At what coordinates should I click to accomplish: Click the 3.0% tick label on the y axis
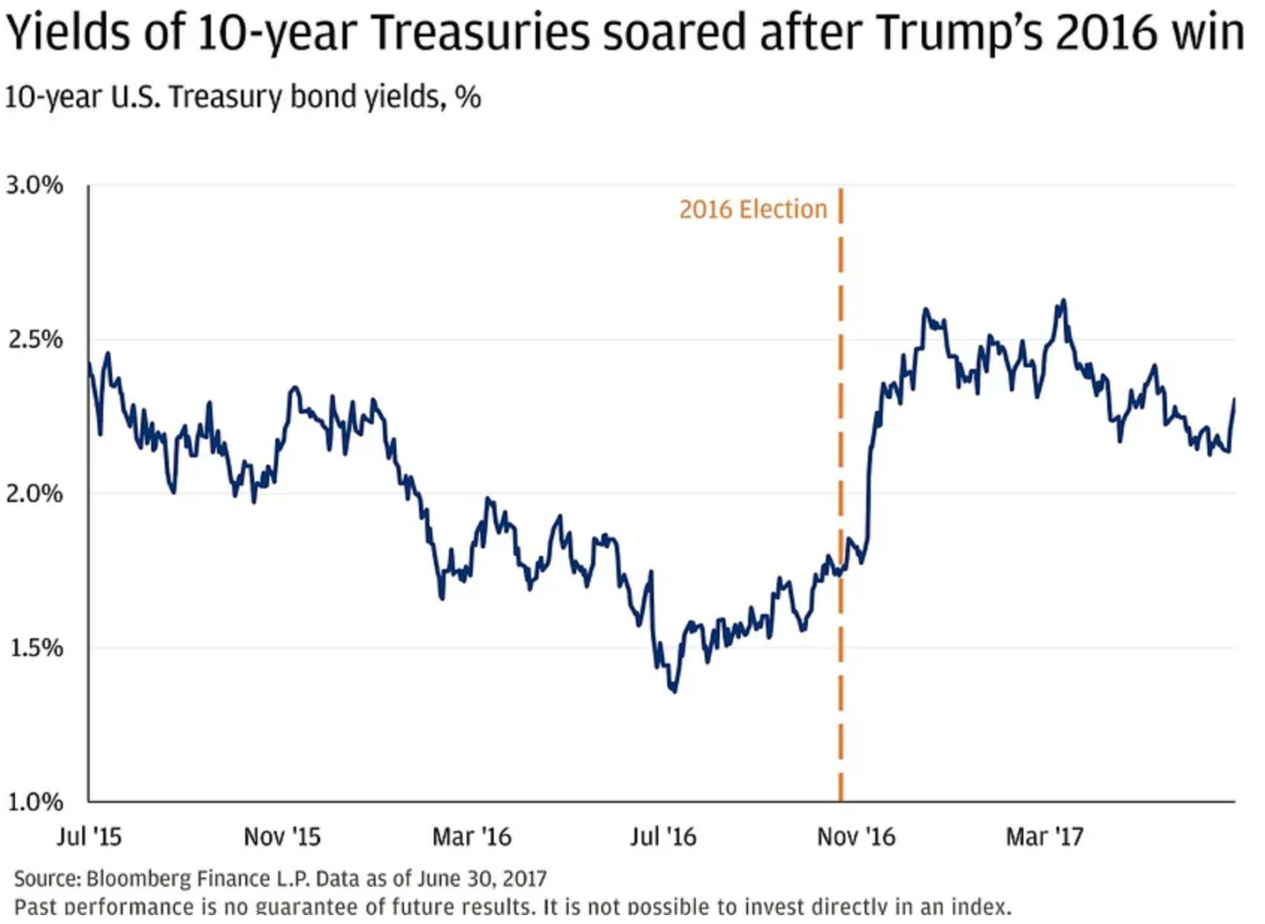(x=35, y=184)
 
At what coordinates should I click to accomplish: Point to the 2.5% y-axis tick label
(x=35, y=339)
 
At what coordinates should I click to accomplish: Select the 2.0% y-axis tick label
(x=35, y=494)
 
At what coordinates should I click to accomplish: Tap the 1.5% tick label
(x=35, y=647)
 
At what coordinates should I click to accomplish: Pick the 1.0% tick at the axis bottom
(x=35, y=802)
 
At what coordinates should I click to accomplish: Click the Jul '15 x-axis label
(x=89, y=836)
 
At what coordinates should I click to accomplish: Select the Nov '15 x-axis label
(x=282, y=836)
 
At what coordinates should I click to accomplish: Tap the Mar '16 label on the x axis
(x=471, y=836)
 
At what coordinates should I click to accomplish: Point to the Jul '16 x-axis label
(x=662, y=836)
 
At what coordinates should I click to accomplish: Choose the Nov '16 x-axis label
(x=856, y=836)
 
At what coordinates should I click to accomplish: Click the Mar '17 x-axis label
(x=1045, y=836)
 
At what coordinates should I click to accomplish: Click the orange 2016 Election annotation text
(x=753, y=209)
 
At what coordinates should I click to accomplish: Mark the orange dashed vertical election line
(x=840, y=499)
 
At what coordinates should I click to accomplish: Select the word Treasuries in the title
(x=481, y=33)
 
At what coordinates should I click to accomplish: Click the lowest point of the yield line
(x=673, y=691)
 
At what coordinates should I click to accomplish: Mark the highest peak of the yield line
(x=1063, y=301)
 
